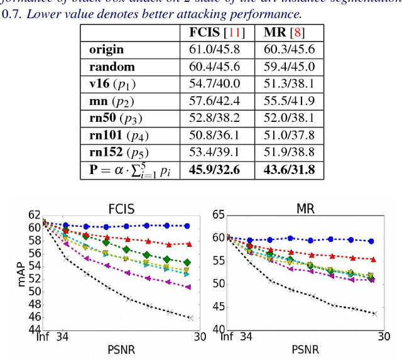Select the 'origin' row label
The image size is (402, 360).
coord(102,50)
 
